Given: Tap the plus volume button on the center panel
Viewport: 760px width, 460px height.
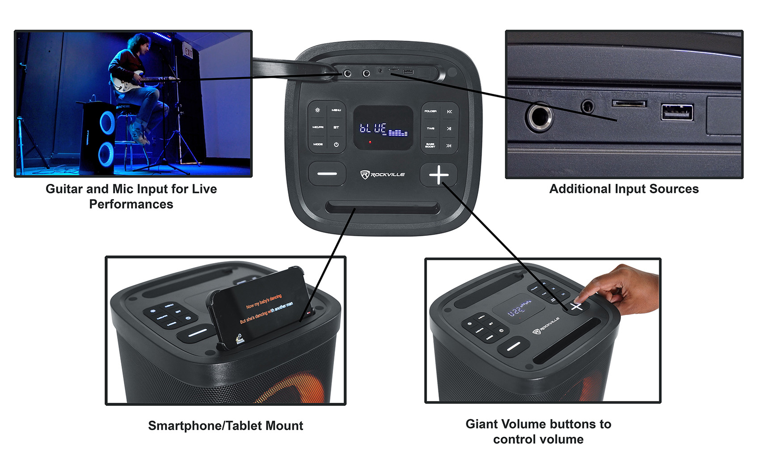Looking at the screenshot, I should (438, 174).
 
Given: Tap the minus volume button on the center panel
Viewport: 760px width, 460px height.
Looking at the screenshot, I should (327, 174).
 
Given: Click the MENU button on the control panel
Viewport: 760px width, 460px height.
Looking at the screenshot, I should (336, 110).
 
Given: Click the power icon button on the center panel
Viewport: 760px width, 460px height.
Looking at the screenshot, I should (336, 144).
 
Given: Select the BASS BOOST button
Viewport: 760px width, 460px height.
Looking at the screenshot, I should (430, 145).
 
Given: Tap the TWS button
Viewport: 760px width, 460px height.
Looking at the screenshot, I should (430, 128).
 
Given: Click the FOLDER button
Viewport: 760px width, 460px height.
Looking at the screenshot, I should (430, 111).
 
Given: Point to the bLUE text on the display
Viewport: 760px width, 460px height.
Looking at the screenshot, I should (373, 128).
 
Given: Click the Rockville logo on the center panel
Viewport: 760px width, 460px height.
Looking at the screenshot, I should (383, 174).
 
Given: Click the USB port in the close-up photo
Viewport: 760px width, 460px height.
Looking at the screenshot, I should (677, 113).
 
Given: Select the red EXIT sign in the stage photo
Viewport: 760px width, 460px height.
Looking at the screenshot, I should (188, 51).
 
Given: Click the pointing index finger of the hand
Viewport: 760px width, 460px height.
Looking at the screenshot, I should (590, 291).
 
